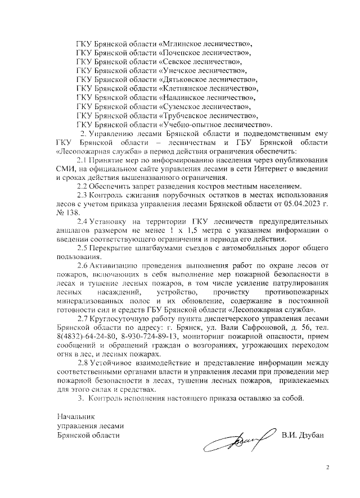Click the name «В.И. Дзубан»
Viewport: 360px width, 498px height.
click(x=303, y=434)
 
